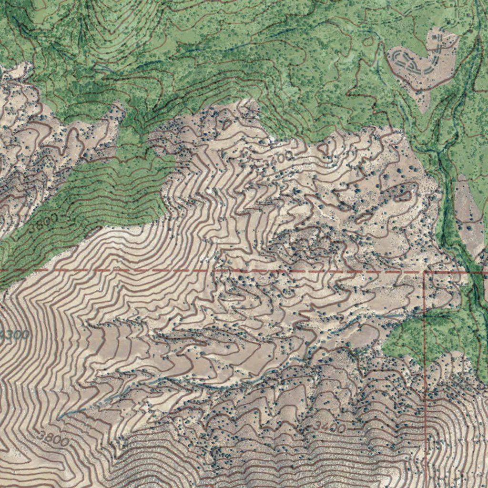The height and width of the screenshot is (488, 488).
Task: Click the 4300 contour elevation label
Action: (14, 335)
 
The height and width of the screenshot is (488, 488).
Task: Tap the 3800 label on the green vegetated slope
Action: (43, 222)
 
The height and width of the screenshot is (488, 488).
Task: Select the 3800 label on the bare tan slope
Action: (52, 437)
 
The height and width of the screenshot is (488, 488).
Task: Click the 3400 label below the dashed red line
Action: (329, 427)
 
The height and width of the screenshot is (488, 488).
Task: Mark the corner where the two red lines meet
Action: (425, 272)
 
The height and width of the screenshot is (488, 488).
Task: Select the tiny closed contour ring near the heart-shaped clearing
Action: (367, 41)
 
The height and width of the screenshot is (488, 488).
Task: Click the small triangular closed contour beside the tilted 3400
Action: (324, 149)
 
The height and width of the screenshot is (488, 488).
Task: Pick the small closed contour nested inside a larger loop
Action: (404, 194)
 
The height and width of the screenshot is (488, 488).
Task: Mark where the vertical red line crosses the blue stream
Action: (425, 315)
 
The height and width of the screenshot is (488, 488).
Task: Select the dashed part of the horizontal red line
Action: (191, 270)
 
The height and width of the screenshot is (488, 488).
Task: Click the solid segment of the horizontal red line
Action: (453, 272)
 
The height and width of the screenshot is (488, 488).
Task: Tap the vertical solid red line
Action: (425, 381)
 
